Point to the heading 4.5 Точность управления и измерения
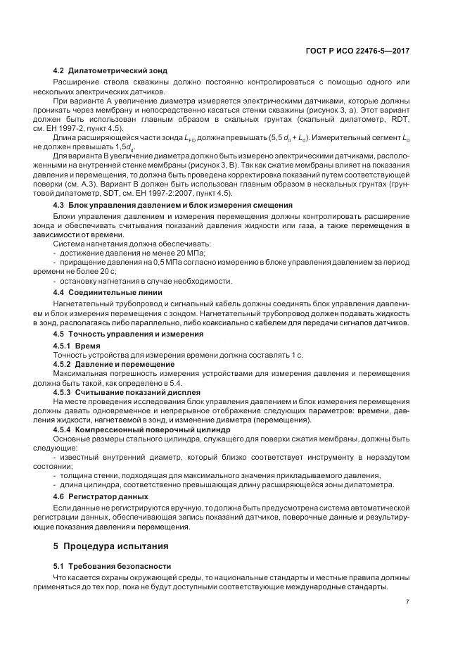124,333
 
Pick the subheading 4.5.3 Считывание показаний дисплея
127,391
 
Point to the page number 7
407,602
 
